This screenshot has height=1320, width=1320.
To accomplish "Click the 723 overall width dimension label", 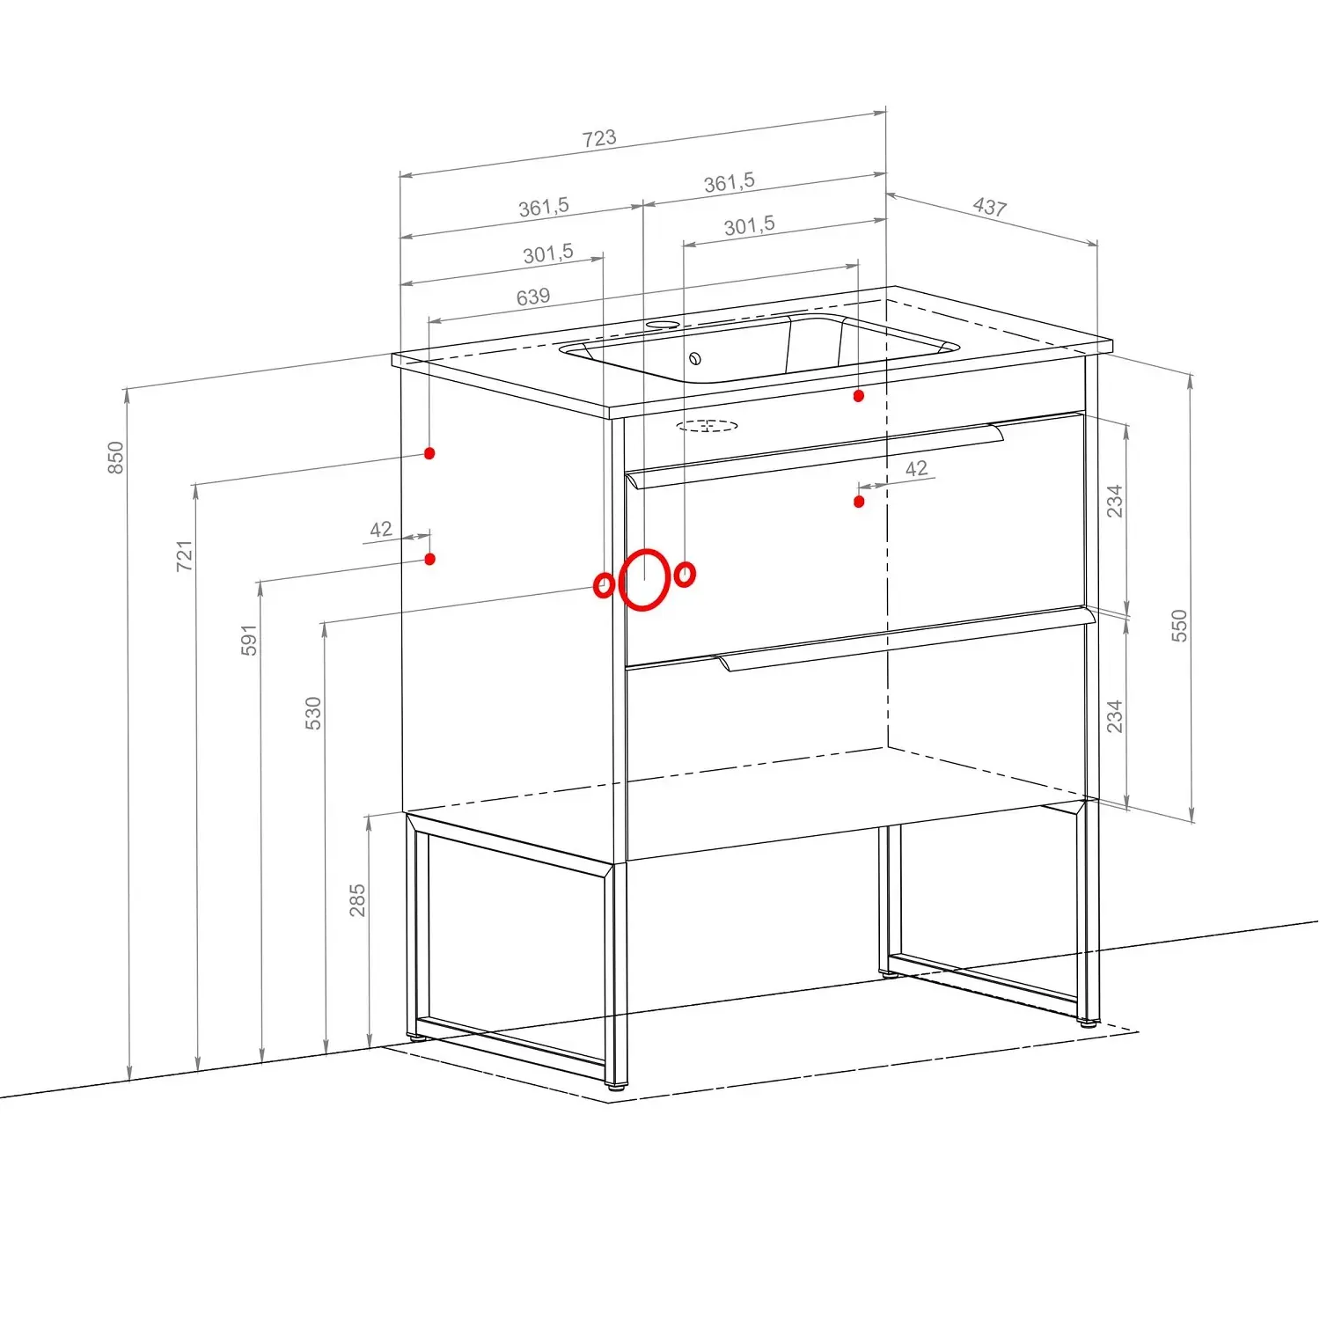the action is [599, 138].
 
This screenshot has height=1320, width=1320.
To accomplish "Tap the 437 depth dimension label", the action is [990, 207].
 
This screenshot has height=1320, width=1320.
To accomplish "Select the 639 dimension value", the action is [533, 297].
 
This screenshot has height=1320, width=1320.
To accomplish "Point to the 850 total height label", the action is [116, 458].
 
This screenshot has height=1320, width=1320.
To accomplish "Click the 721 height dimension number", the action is [184, 556].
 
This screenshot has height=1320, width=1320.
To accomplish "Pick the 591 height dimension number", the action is [249, 640].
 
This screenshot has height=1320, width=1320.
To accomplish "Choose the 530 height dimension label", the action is [313, 713].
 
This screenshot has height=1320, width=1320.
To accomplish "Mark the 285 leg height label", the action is [357, 900].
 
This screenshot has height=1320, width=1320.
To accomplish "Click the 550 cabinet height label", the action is [1179, 625].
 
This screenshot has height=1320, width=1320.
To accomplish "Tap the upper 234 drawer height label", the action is [1115, 501].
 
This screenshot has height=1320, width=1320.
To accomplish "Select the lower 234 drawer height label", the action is [1115, 716].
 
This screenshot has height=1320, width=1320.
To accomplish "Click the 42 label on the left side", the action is [381, 530].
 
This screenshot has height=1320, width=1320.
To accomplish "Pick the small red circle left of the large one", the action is [604, 585].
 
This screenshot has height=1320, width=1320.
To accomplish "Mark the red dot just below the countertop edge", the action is [859, 396].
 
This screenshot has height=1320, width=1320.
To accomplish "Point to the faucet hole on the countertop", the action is [663, 325].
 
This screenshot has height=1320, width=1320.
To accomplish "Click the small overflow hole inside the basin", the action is [695, 358].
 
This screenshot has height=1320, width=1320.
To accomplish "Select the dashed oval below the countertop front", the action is [708, 427].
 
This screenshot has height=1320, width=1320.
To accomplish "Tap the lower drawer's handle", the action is [906, 642].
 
